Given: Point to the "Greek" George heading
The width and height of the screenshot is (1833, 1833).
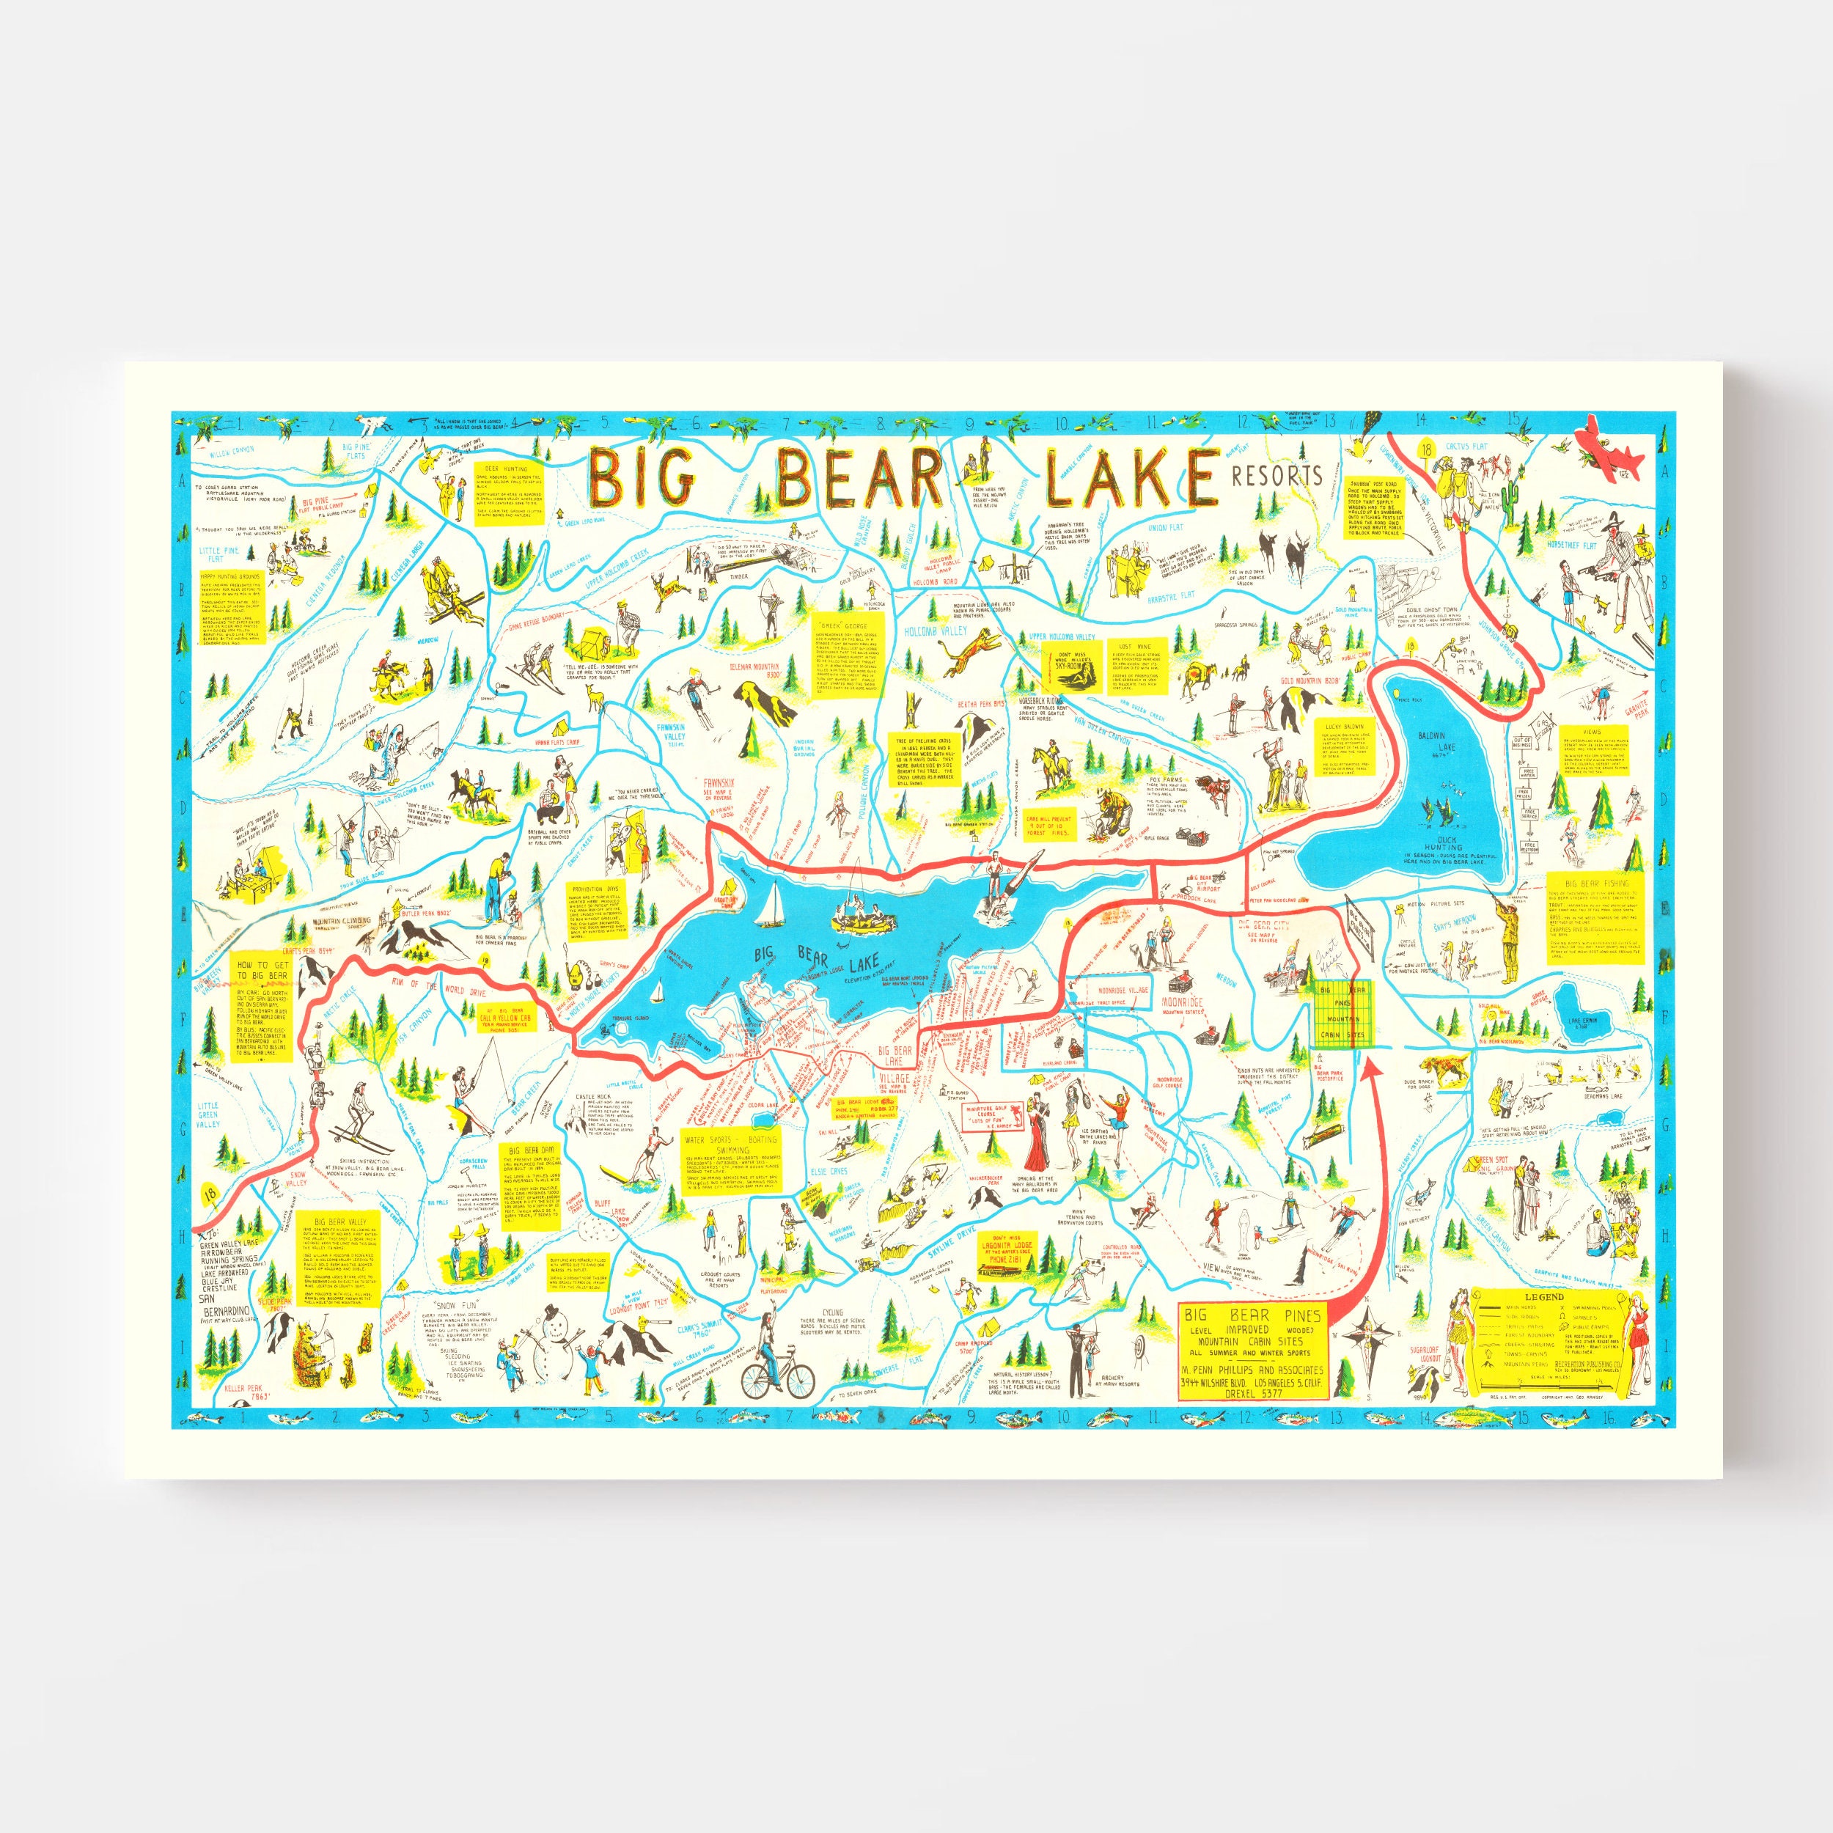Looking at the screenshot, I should [x=848, y=626].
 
